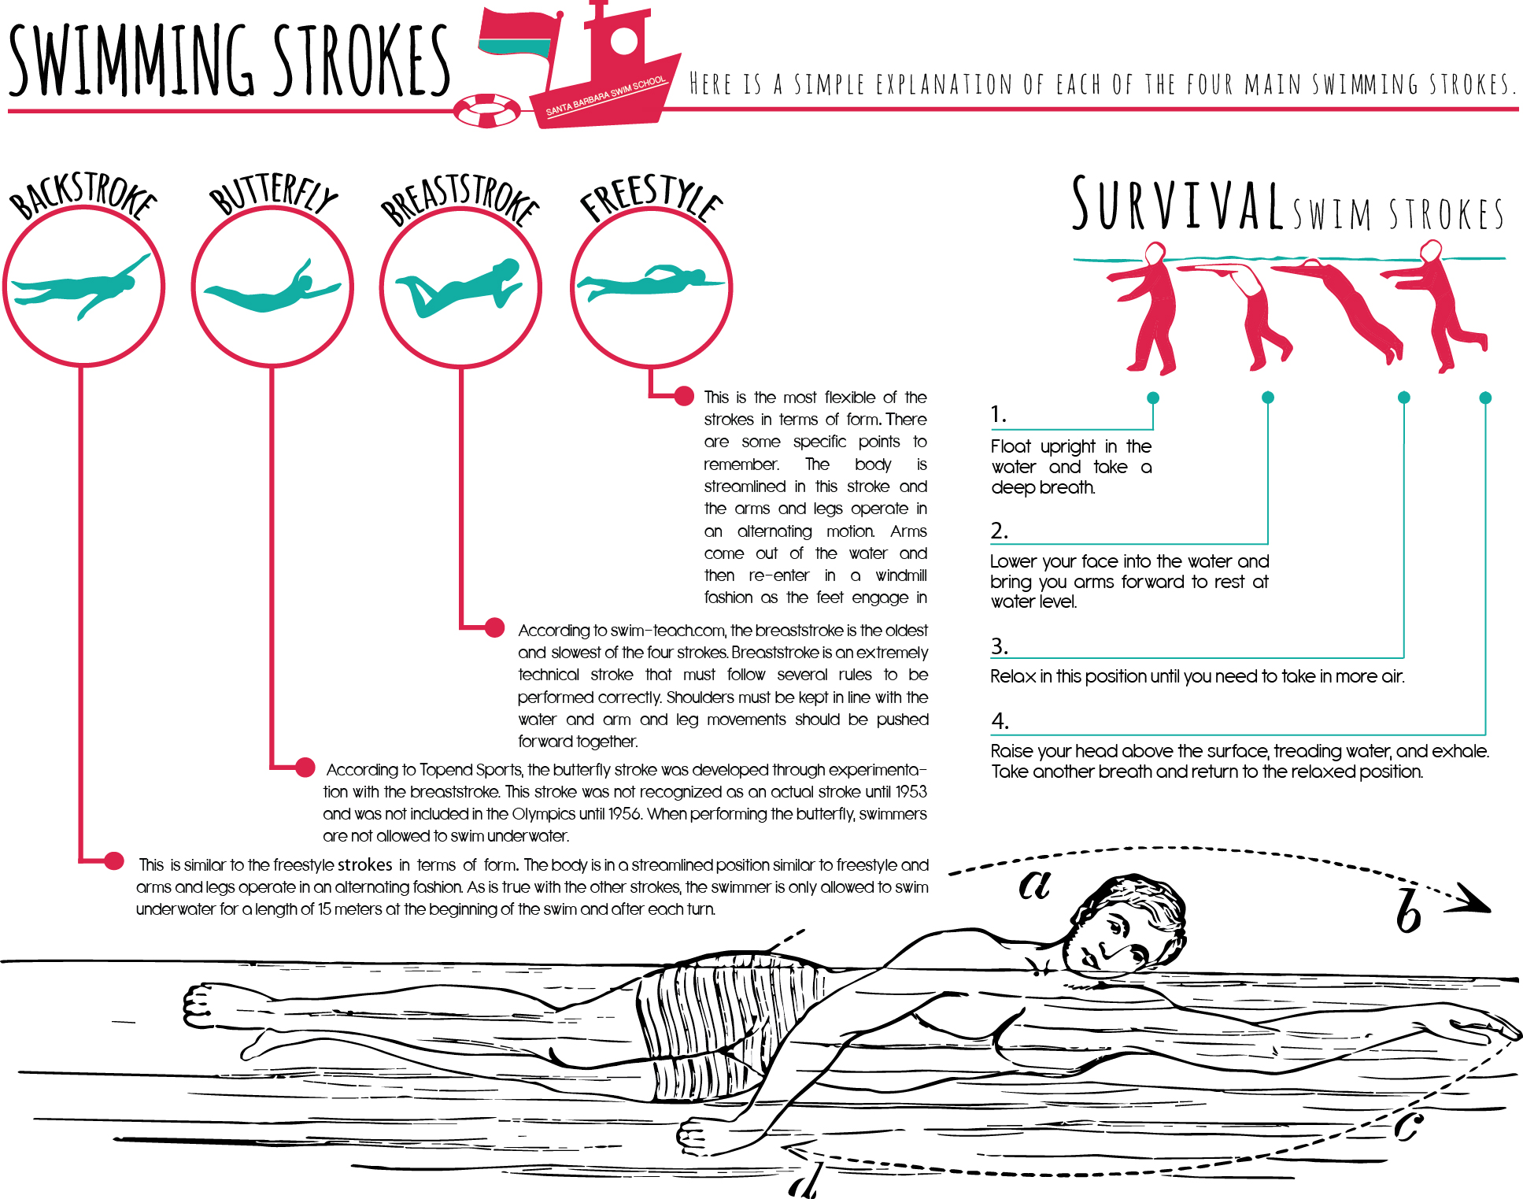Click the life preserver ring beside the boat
pyautogui.click(x=487, y=110)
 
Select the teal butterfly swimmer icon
pyautogui.click(x=272, y=287)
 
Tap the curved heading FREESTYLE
pyautogui.click(x=651, y=197)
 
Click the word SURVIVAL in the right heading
pyautogui.click(x=1178, y=204)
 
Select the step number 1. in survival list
pyautogui.click(x=998, y=414)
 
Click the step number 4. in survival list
pyautogui.click(x=1000, y=720)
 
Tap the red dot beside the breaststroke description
pyautogui.click(x=494, y=627)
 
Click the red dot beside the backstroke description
pyautogui.click(x=114, y=860)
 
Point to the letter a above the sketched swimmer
pyautogui.click(x=1034, y=883)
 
